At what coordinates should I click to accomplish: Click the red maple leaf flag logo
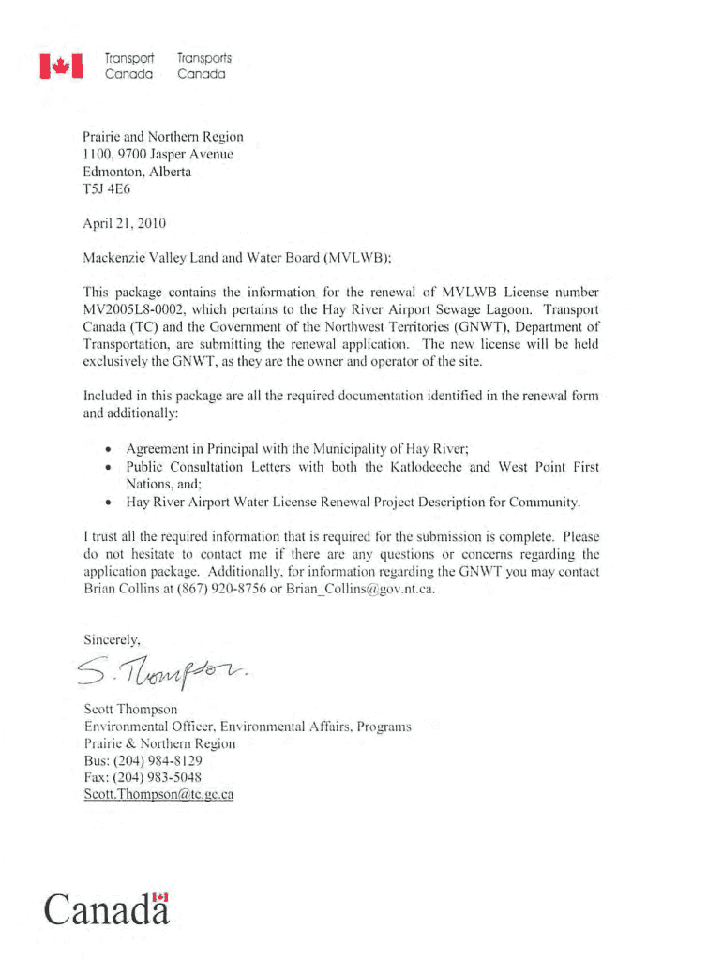61,66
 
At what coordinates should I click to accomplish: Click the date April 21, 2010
125,223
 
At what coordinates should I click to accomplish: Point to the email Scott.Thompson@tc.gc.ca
158,794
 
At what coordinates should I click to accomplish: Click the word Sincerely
113,640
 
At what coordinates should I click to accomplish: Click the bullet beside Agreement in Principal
111,449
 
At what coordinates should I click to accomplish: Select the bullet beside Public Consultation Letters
111,467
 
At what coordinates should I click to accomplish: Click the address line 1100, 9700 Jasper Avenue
158,155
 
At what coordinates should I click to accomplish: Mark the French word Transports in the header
203,58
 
